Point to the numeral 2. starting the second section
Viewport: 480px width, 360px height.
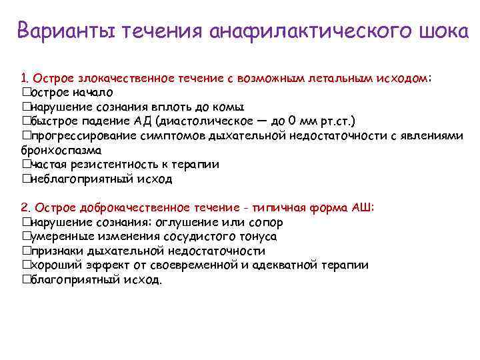(x=26, y=207)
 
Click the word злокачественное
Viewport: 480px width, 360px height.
(x=114, y=78)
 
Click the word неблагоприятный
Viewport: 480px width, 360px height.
(x=71, y=179)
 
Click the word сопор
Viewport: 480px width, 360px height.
(x=266, y=222)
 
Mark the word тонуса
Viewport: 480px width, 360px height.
(x=257, y=237)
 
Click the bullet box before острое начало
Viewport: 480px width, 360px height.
(x=26, y=92)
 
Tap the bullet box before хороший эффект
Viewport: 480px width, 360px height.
(x=26, y=265)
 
